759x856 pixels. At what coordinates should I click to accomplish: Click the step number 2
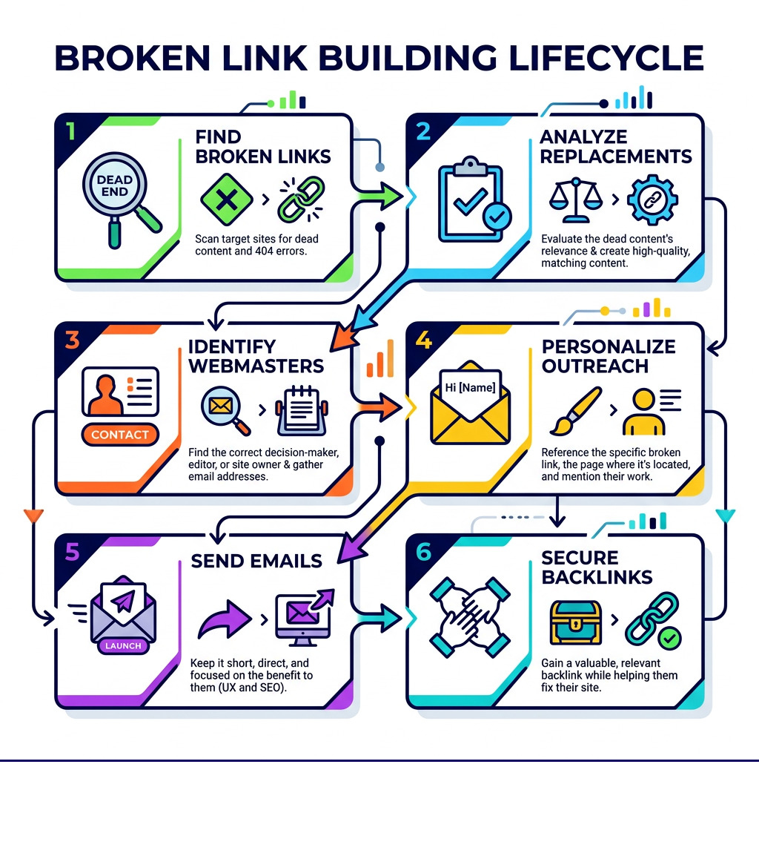coord(423,131)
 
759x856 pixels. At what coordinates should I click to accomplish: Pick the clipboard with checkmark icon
coord(471,199)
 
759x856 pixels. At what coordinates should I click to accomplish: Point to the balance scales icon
coord(574,199)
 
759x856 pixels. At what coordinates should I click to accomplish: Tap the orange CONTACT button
coord(120,435)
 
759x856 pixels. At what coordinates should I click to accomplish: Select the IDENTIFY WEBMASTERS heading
coord(256,356)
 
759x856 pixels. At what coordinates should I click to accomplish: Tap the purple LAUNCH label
coord(123,645)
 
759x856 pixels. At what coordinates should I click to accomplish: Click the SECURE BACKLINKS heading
coord(597,567)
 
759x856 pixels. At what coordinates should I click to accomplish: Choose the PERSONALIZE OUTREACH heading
coord(608,356)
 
